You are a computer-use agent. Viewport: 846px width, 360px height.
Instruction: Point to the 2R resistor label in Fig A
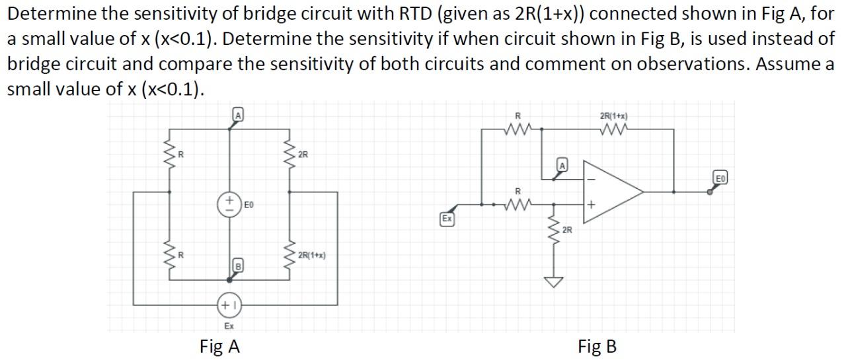(x=303, y=155)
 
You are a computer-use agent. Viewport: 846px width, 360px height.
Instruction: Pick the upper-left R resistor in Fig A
(x=170, y=156)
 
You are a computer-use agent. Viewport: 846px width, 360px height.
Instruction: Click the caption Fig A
(x=219, y=345)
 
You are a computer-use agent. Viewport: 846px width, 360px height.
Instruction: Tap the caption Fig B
(x=597, y=345)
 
